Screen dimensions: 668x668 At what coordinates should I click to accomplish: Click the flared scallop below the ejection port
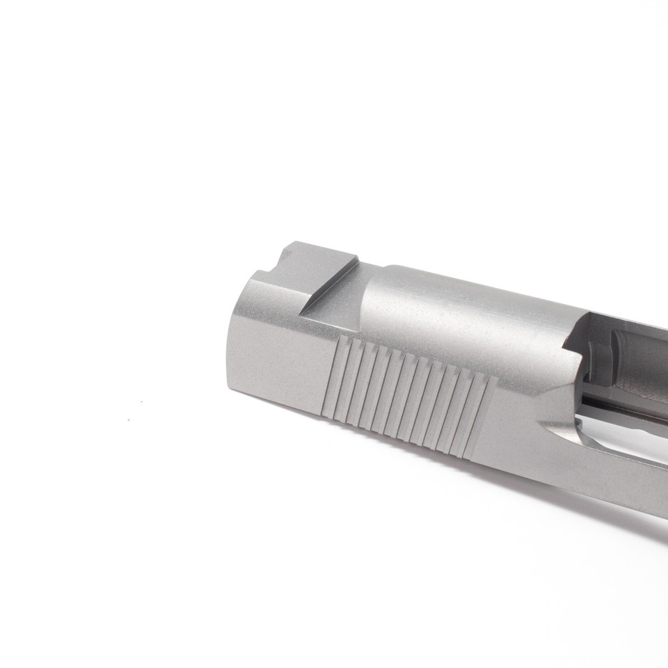(557, 417)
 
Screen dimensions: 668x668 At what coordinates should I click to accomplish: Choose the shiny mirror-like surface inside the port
(612, 435)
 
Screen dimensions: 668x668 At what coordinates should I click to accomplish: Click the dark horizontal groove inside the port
(612, 404)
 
